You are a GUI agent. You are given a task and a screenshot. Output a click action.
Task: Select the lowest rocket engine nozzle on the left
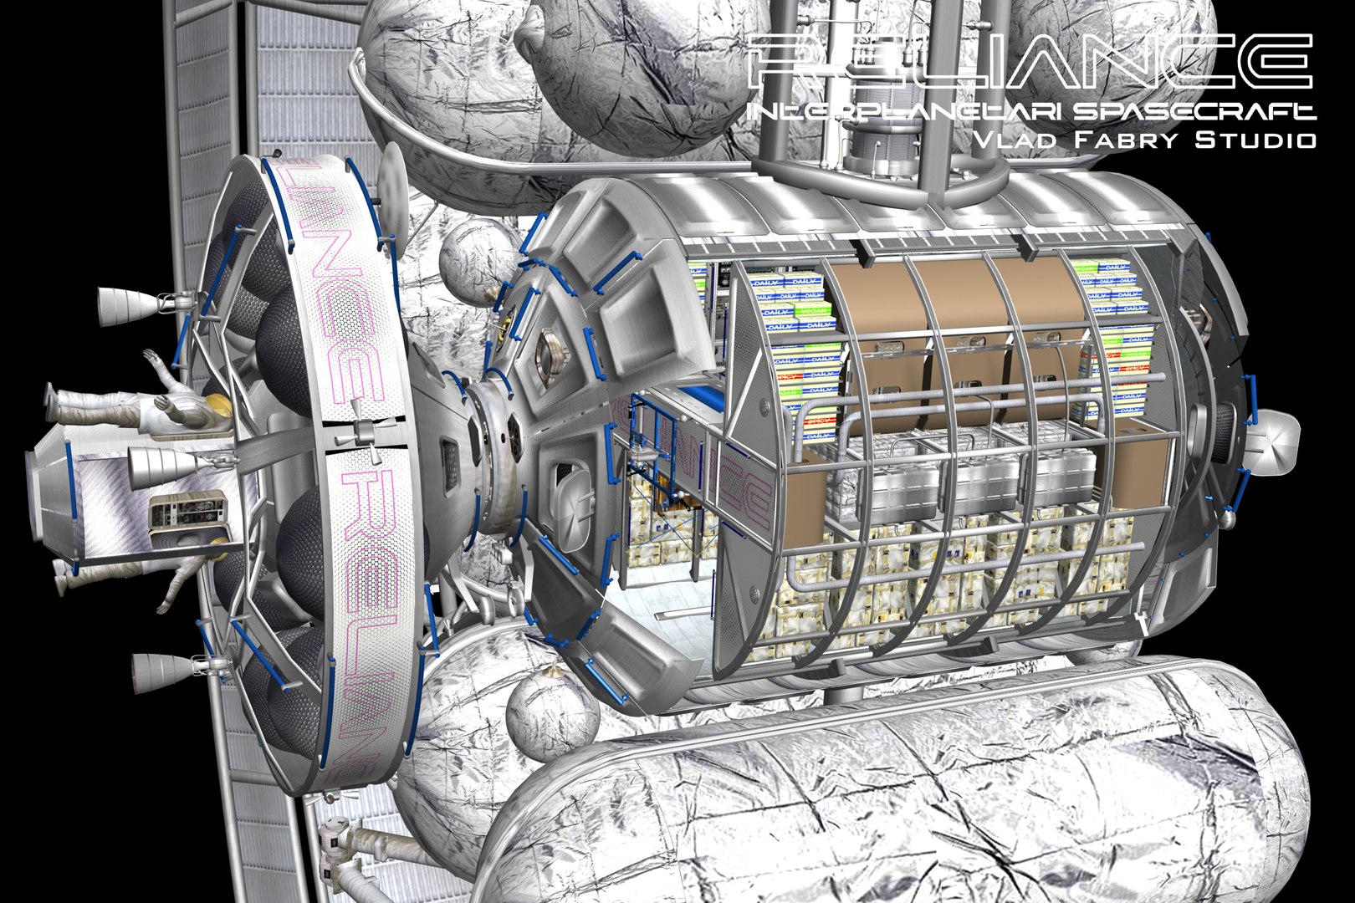pyautogui.click(x=155, y=669)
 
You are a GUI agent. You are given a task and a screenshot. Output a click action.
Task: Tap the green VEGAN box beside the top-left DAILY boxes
pyautogui.click(x=794, y=310)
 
